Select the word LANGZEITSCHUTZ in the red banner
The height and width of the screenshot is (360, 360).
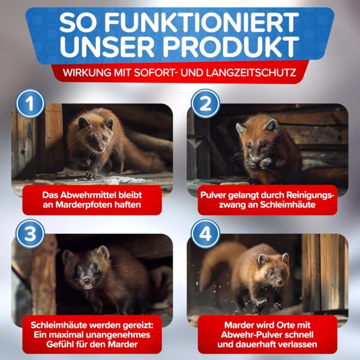[x=251, y=73]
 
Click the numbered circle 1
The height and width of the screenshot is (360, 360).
[x=30, y=104]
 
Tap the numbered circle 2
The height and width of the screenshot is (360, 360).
[x=205, y=104]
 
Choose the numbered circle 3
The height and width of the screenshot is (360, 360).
[x=30, y=234]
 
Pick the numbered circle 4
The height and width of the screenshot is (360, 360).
[x=205, y=234]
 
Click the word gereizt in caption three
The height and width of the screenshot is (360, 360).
[x=138, y=325]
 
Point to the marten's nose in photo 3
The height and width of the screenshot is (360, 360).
[x=87, y=280]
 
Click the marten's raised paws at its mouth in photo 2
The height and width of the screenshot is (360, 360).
[x=259, y=163]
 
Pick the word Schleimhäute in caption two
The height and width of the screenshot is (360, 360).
[x=287, y=205]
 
